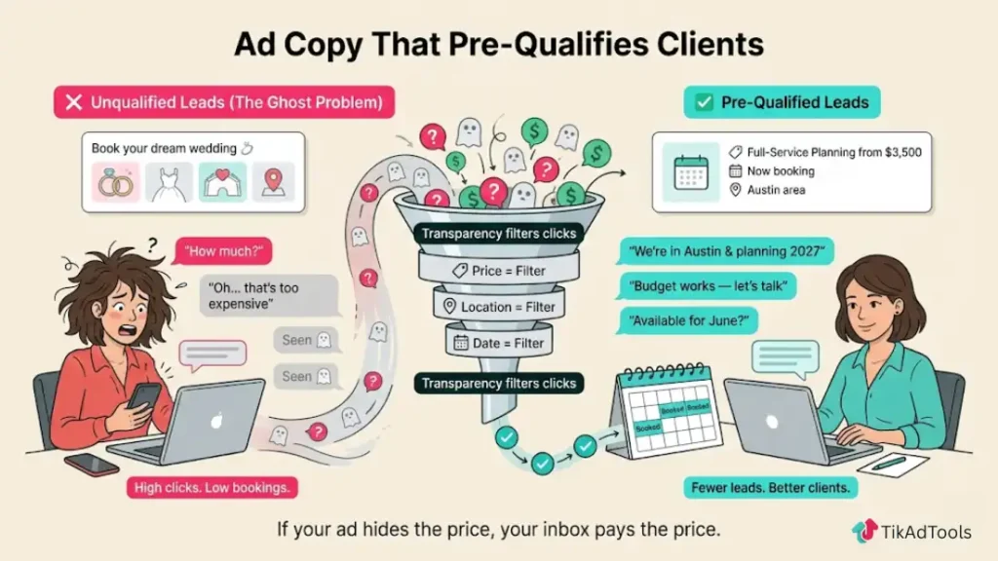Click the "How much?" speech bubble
[213, 252]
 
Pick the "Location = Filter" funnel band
[500, 307]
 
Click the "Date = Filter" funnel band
[500, 343]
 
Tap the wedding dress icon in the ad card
[170, 182]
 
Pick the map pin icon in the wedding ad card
[272, 182]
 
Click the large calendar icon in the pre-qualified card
[691, 171]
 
